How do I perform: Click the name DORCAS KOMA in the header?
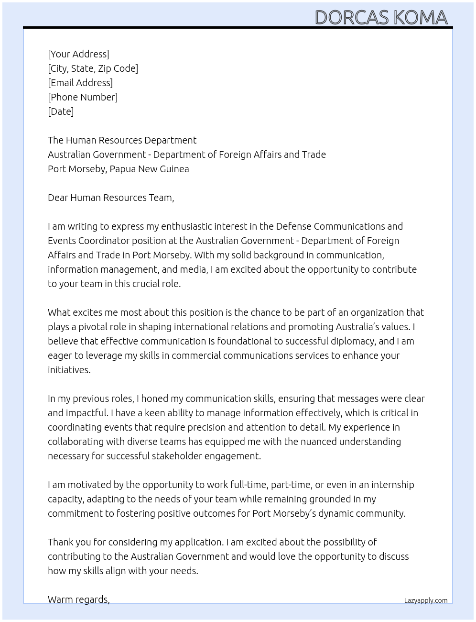(381, 18)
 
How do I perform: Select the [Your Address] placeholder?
(78, 54)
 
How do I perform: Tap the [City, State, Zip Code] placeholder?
(93, 68)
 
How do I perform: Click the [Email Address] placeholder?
(80, 83)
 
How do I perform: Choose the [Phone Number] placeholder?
(83, 97)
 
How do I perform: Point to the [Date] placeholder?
(61, 111)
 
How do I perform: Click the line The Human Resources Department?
(122, 140)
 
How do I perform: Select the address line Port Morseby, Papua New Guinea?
(118, 169)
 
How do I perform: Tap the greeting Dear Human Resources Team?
(111, 198)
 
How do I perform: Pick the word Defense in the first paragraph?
(293, 226)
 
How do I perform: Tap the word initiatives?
(69, 370)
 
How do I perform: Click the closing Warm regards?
(78, 600)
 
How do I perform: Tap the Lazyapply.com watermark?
(425, 600)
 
